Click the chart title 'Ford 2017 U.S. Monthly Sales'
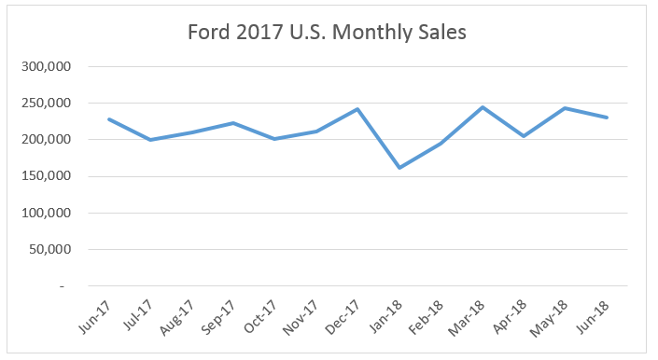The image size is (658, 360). pyautogui.click(x=329, y=33)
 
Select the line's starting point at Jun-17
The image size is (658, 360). pyautogui.click(x=109, y=119)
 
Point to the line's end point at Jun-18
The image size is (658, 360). pyautogui.click(x=607, y=118)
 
